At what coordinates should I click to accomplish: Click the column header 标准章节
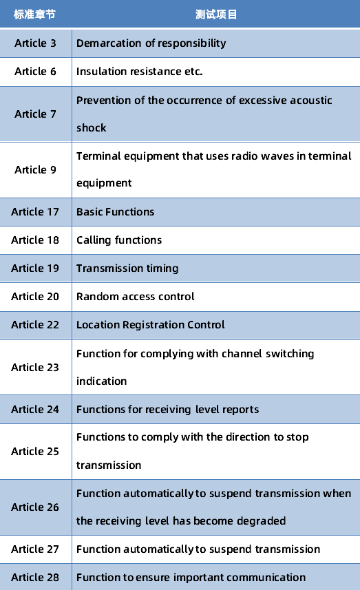tap(34, 14)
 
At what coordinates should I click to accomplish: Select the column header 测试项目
tap(216, 14)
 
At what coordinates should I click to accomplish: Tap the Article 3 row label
tap(35, 43)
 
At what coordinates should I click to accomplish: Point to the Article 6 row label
tap(35, 72)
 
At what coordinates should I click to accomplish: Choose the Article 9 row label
tap(35, 170)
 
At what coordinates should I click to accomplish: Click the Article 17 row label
tap(35, 212)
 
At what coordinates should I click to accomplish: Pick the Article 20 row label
tap(35, 297)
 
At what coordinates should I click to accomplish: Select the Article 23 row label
tap(35, 367)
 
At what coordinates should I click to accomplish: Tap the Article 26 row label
tap(35, 507)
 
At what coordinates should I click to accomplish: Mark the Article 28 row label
tap(35, 577)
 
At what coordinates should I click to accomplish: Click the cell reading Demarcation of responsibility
tap(151, 43)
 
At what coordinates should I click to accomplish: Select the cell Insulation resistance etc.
tap(140, 72)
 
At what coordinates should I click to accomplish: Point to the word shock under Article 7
tap(92, 128)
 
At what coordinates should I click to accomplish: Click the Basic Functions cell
tap(116, 212)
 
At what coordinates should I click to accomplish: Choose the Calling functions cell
tap(119, 240)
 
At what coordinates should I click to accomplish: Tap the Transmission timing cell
tap(127, 268)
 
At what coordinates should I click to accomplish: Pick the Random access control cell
tap(136, 297)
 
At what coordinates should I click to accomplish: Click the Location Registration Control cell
tap(151, 325)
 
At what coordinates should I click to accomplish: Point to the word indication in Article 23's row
tap(102, 381)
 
